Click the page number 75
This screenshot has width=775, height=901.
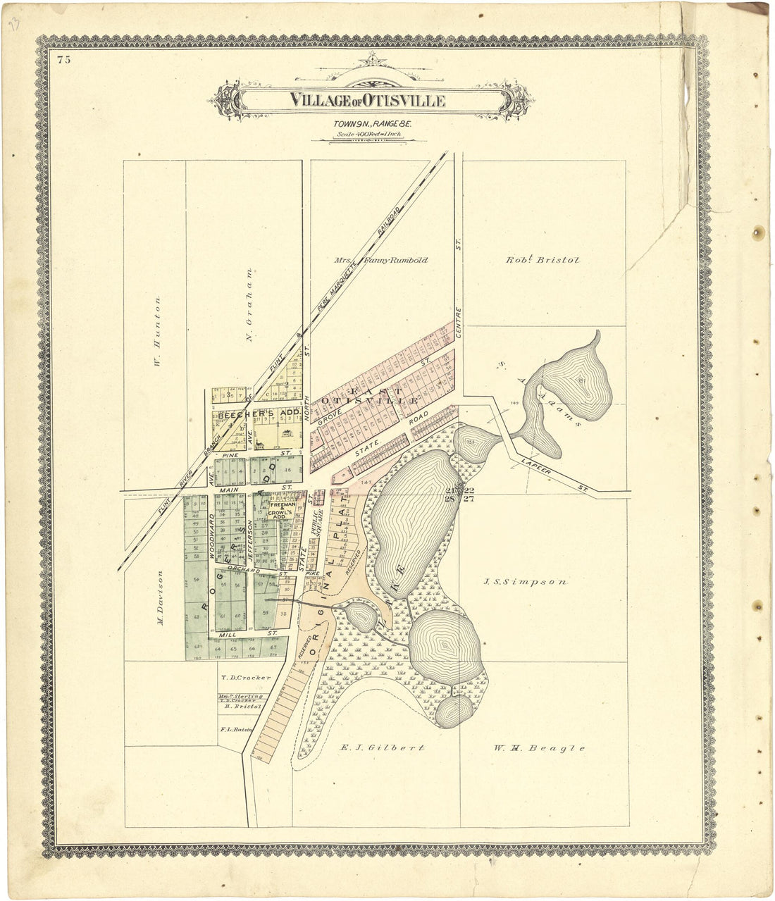tap(65, 60)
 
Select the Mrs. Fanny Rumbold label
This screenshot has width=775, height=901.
tap(381, 260)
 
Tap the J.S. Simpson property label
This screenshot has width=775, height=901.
tap(526, 582)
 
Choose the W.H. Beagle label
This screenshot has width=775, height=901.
tap(539, 748)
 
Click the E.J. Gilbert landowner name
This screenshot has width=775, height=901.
tap(382, 748)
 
